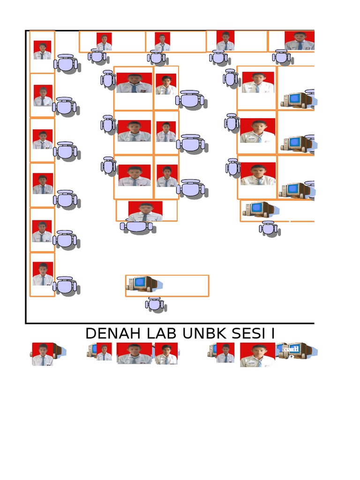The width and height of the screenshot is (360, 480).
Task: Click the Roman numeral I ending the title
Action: coord(272,334)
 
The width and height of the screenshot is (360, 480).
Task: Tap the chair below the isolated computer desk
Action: coord(155,305)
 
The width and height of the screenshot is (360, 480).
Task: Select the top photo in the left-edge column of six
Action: coord(42,50)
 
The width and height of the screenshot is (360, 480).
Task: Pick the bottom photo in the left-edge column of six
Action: coord(42,274)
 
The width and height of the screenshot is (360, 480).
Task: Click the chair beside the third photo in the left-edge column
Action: coord(65,151)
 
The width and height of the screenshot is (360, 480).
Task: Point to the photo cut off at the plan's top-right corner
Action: coord(300,41)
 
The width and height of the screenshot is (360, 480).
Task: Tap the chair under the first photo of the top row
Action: coord(97,56)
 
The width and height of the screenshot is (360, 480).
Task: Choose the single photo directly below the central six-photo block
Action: coord(145,211)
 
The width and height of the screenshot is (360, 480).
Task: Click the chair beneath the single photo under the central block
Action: coord(137,226)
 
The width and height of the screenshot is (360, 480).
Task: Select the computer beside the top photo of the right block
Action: coord(296,99)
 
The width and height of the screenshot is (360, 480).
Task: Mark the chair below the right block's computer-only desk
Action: coord(268,228)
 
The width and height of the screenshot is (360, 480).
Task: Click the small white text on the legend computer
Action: coord(294,349)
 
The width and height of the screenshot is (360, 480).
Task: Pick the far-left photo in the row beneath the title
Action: coord(42,354)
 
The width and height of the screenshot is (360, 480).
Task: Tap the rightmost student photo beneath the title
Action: coord(257,354)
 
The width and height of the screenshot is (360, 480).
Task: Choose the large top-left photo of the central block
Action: coord(134,83)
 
